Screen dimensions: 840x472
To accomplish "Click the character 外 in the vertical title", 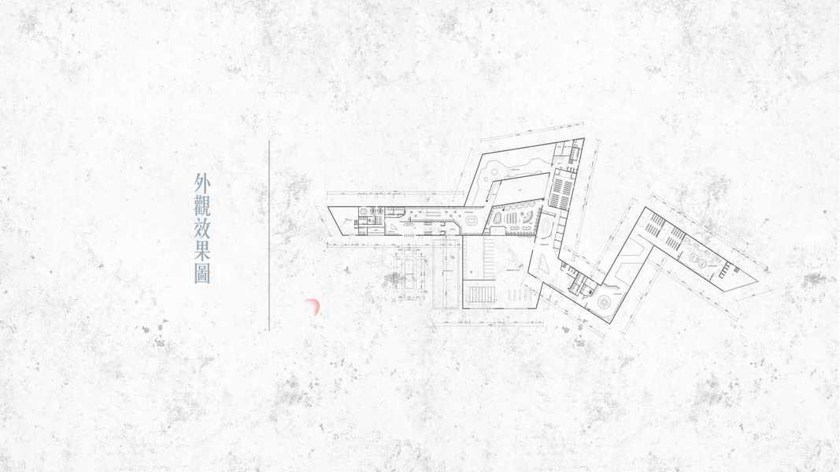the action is pyautogui.click(x=202, y=184).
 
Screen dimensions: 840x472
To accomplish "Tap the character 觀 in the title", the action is pyautogui.click(x=202, y=207).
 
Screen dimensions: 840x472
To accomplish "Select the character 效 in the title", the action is pyautogui.click(x=202, y=230).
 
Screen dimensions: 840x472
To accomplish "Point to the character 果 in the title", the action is pyautogui.click(x=202, y=252).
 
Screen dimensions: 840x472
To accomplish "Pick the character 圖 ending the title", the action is pyautogui.click(x=202, y=274).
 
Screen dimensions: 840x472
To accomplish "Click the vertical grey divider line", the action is pyautogui.click(x=269, y=236).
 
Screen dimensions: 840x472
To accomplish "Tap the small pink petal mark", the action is pyautogui.click(x=313, y=307).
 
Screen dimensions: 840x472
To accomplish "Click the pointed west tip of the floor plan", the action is pyautogui.click(x=329, y=208).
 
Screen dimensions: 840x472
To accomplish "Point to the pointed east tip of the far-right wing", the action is pyautogui.click(x=768, y=274).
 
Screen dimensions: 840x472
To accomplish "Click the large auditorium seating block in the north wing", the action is pyautogui.click(x=561, y=190).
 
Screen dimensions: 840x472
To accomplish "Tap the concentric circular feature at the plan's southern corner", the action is pyautogui.click(x=608, y=303).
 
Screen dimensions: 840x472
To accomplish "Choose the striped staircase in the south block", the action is pyautogui.click(x=480, y=296).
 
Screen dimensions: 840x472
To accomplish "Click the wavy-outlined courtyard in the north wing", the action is pyautogui.click(x=512, y=167).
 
